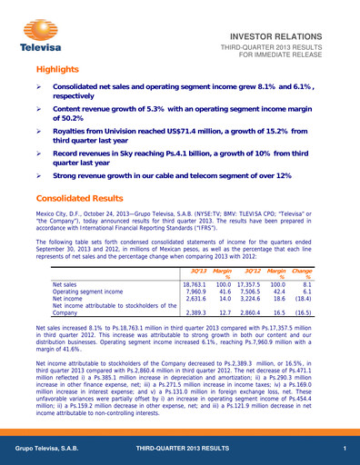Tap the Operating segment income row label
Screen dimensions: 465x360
click(x=83, y=292)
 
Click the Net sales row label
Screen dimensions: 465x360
click(x=62, y=284)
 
